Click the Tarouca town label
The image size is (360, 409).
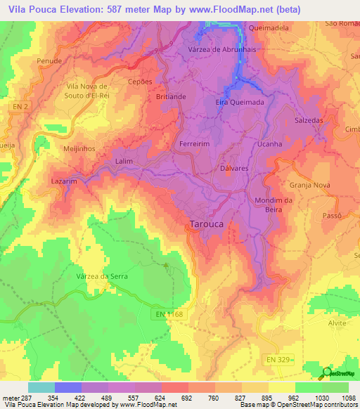(x=208, y=225)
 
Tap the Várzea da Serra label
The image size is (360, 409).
(x=102, y=277)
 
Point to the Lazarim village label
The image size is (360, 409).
(x=64, y=181)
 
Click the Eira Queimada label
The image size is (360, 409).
(x=239, y=102)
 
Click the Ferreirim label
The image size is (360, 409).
(x=195, y=143)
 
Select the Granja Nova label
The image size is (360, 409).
(x=309, y=186)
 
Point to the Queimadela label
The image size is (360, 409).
(x=269, y=28)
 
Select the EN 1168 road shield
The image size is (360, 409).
(x=169, y=315)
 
